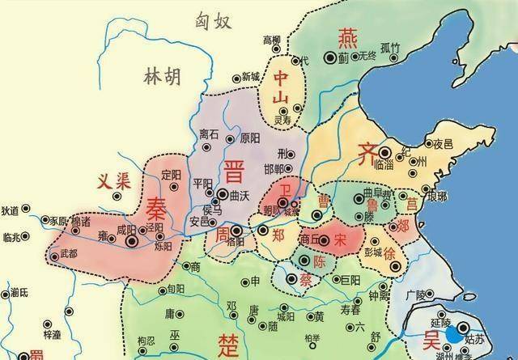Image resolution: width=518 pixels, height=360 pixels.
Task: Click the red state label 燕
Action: click(349, 36)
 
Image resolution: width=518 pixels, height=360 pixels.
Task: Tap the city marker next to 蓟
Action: click(330, 57)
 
